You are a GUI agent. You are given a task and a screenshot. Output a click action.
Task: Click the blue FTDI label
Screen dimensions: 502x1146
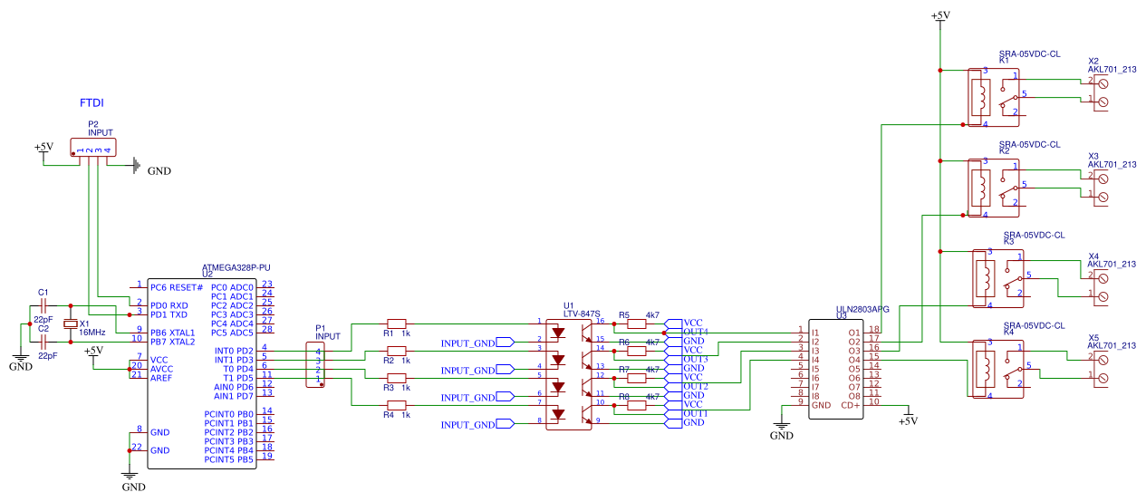(x=91, y=103)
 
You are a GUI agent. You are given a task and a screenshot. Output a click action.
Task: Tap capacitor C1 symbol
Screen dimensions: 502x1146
(x=43, y=305)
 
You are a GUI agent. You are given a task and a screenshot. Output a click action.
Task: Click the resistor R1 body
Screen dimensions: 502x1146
(x=397, y=323)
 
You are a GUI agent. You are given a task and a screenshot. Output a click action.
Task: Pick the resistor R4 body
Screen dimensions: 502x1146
(x=397, y=404)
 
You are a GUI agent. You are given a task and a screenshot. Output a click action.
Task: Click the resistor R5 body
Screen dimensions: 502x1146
(x=637, y=323)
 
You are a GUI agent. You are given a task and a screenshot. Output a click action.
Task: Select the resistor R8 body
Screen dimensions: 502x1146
(x=637, y=405)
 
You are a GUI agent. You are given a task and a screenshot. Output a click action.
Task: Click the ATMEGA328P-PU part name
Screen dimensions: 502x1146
(x=236, y=268)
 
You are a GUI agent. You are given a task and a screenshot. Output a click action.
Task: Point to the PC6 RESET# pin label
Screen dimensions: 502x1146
(x=177, y=287)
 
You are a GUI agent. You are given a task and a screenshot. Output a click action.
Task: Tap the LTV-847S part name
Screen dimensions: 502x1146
(x=583, y=314)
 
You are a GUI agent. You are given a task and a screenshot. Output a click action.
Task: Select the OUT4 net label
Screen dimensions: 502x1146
(x=696, y=332)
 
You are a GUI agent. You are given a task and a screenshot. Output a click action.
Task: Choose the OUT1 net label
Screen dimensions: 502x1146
(x=696, y=413)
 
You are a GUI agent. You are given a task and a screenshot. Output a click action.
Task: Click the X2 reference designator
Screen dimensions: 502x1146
(x=1093, y=61)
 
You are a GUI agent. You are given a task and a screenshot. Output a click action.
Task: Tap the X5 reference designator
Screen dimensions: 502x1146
(x=1093, y=337)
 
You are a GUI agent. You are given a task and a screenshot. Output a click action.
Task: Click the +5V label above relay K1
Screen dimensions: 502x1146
(x=940, y=16)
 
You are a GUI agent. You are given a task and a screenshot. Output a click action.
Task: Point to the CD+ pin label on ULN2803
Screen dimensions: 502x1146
(x=850, y=405)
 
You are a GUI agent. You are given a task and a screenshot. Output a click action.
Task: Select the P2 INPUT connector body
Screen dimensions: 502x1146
(x=93, y=150)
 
